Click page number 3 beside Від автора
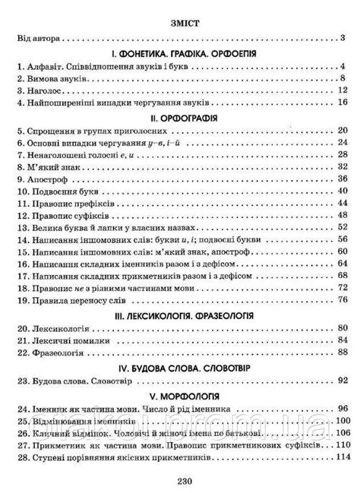point(343,38)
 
